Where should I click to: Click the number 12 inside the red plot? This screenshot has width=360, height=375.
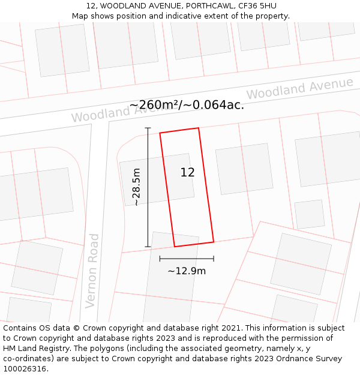coord(187,172)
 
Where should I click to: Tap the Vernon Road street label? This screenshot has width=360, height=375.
coord(92,271)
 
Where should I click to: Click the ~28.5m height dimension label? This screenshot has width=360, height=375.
coord(137,187)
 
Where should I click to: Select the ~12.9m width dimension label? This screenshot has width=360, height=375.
coord(187,271)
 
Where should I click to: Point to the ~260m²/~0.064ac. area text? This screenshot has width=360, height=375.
coord(187,105)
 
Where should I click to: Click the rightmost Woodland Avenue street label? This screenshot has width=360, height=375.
coord(299,89)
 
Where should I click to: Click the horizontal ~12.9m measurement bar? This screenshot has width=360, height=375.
coord(187,259)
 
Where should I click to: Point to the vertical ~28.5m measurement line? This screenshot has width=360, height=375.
coord(148,187)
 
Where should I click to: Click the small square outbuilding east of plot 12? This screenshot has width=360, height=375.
coord(310,214)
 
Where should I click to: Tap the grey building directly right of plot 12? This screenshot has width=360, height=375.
coord(244,169)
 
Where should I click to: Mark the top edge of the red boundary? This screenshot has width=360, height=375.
coord(179,130)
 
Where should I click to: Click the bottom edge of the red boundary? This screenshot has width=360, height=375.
coord(194,244)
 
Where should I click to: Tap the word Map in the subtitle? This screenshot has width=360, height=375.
coord(80,16)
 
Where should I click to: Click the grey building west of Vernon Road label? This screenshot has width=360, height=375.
coord(37,267)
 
